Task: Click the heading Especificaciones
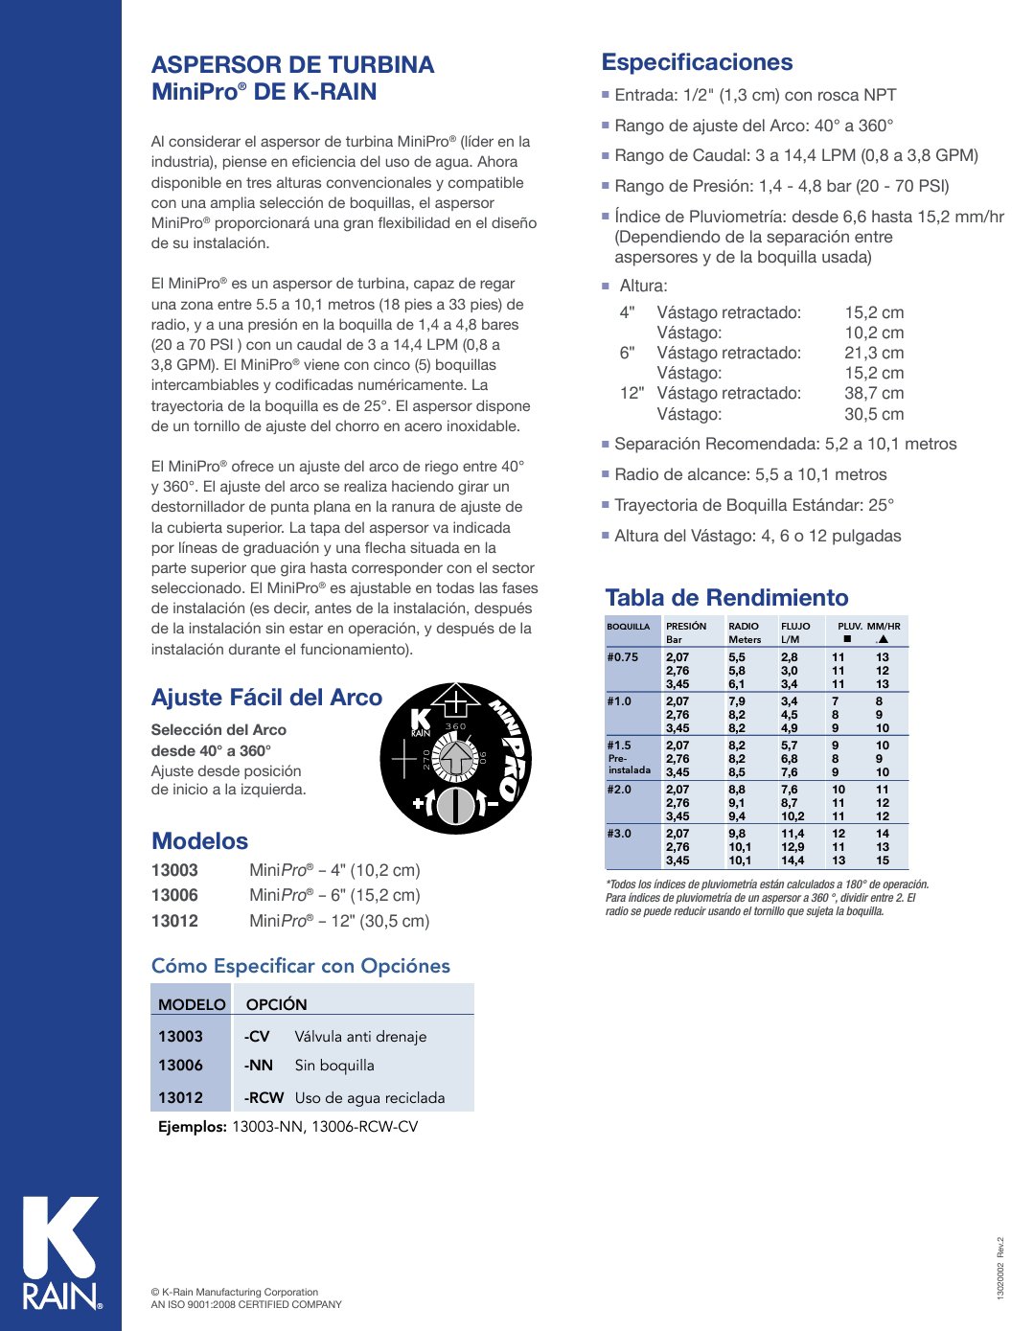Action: coord(697,62)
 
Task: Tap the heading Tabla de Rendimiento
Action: coord(726,598)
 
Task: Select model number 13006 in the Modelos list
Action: coord(174,895)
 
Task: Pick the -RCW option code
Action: coord(264,1097)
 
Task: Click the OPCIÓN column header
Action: coord(276,1004)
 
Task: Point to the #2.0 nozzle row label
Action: coord(619,790)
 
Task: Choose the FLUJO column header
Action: coord(795,626)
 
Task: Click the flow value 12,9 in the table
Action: coord(793,847)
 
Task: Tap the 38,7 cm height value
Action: coord(874,393)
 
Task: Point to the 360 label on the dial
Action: coord(456,726)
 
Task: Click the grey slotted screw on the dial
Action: coord(456,803)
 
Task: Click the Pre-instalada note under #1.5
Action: coord(629,764)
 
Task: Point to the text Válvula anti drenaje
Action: coord(360,1036)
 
